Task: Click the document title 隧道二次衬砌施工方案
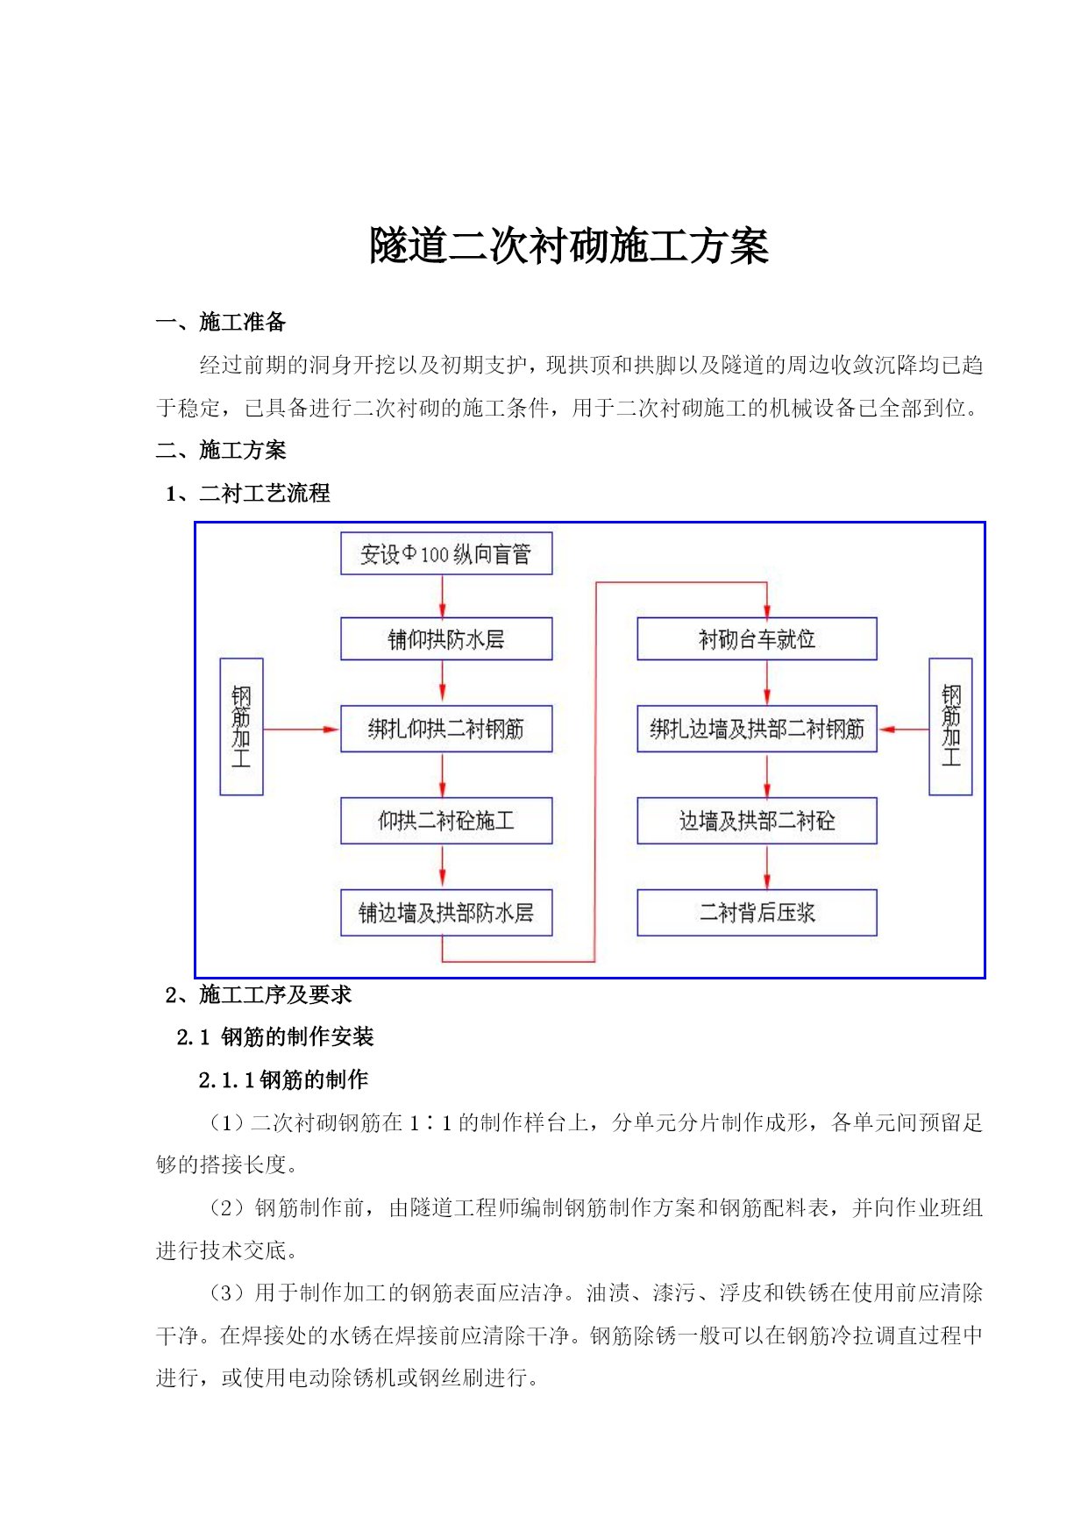[568, 246]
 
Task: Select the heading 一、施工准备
[221, 322]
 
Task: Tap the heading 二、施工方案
[221, 450]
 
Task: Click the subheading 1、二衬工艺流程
[248, 493]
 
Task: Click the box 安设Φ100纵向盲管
[446, 553]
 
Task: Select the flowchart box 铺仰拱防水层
[446, 638]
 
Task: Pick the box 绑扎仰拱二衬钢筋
[446, 729]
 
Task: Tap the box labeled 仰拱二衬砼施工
[446, 821]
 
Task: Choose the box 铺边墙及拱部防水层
[446, 913]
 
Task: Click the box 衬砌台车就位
[757, 638]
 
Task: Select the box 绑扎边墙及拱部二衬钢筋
[757, 729]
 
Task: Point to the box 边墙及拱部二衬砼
[757, 821]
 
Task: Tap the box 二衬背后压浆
[757, 913]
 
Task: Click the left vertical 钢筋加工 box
[241, 727]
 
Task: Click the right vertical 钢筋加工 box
[950, 727]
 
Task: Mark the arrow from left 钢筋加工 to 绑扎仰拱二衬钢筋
[302, 729]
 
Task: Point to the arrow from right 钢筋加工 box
[903, 729]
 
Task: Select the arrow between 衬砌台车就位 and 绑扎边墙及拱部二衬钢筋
[767, 682]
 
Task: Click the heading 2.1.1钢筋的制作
[283, 1079]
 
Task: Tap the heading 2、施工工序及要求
[259, 994]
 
